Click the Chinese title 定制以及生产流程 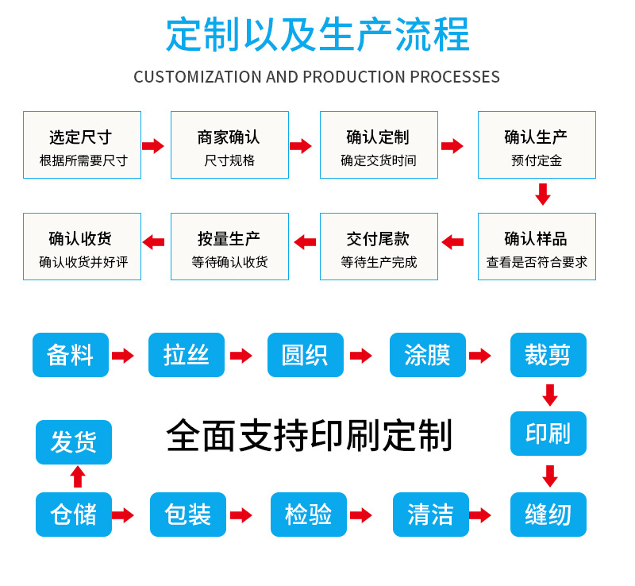pyautogui.click(x=317, y=33)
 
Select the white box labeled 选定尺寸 pyautogui.click(x=82, y=145)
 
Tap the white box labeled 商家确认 pyautogui.click(x=229, y=145)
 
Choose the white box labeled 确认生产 pyautogui.click(x=537, y=145)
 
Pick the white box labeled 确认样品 pyautogui.click(x=537, y=246)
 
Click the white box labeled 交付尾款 pyautogui.click(x=379, y=246)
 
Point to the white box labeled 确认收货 pyautogui.click(x=82, y=246)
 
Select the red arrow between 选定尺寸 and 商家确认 pyautogui.click(x=153, y=146)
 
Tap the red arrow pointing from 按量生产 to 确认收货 pyautogui.click(x=153, y=242)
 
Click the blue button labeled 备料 pyautogui.click(x=71, y=355)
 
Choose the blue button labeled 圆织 pyautogui.click(x=306, y=355)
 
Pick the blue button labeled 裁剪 pyautogui.click(x=548, y=355)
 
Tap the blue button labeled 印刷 pyautogui.click(x=548, y=434)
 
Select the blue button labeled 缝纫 pyautogui.click(x=548, y=515)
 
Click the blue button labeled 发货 pyautogui.click(x=74, y=442)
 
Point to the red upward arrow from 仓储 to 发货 pyautogui.click(x=78, y=476)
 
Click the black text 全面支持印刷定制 pyautogui.click(x=309, y=436)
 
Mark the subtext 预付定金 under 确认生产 pyautogui.click(x=537, y=160)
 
